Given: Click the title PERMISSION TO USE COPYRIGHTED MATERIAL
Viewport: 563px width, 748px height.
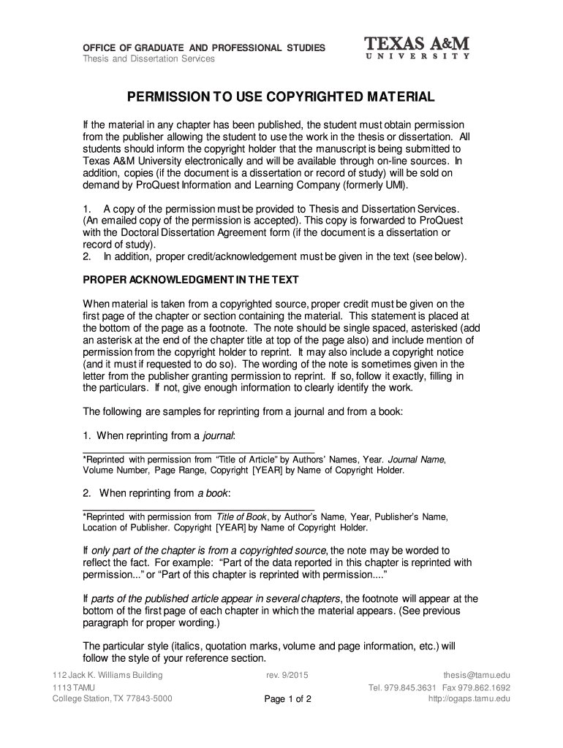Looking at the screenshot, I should click(281, 97).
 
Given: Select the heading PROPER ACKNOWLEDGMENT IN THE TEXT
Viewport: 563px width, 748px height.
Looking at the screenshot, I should click(191, 280).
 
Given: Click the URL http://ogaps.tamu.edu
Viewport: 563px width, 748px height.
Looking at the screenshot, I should click(469, 699).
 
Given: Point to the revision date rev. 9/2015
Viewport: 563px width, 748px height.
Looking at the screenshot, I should click(288, 675).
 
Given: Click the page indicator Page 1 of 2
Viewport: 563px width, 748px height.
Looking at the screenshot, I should click(288, 699).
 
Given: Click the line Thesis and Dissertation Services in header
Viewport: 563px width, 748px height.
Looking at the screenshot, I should click(148, 58).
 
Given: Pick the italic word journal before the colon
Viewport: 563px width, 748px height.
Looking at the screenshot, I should click(218, 436).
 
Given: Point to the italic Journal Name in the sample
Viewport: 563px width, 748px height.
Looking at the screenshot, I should click(415, 459).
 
